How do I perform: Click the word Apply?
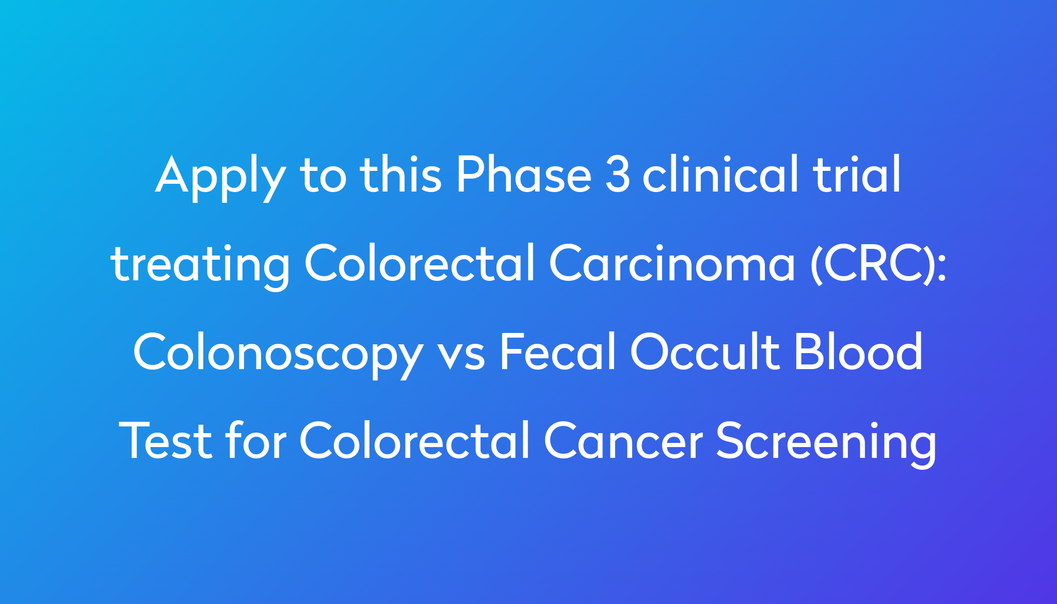click(x=220, y=177)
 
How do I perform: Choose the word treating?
click(x=200, y=265)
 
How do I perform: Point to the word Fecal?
click(x=558, y=352)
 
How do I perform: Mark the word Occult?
click(x=704, y=352)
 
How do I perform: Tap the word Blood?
click(x=858, y=352)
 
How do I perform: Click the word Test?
click(x=165, y=440)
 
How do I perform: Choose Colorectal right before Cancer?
click(x=414, y=440)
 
